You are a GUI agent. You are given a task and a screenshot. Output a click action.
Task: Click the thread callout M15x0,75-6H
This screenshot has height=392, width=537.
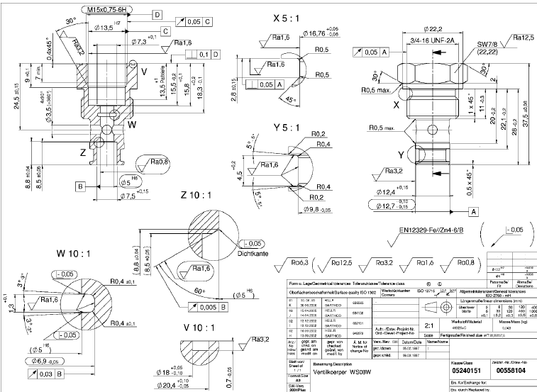[113, 9]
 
